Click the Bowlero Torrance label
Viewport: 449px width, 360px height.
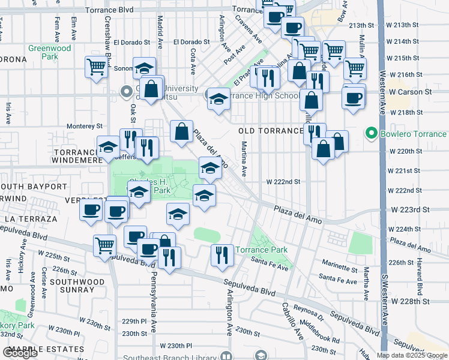[x=414, y=134]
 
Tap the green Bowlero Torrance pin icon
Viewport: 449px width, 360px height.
[x=372, y=134]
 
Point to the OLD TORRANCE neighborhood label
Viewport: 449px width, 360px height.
[x=271, y=131]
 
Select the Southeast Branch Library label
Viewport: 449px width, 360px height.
[x=169, y=358]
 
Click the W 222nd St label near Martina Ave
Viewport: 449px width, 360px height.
[x=283, y=181]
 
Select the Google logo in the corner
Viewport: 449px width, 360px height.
[x=20, y=353]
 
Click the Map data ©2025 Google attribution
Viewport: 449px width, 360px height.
[x=411, y=355]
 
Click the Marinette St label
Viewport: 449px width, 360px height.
[x=340, y=267]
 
